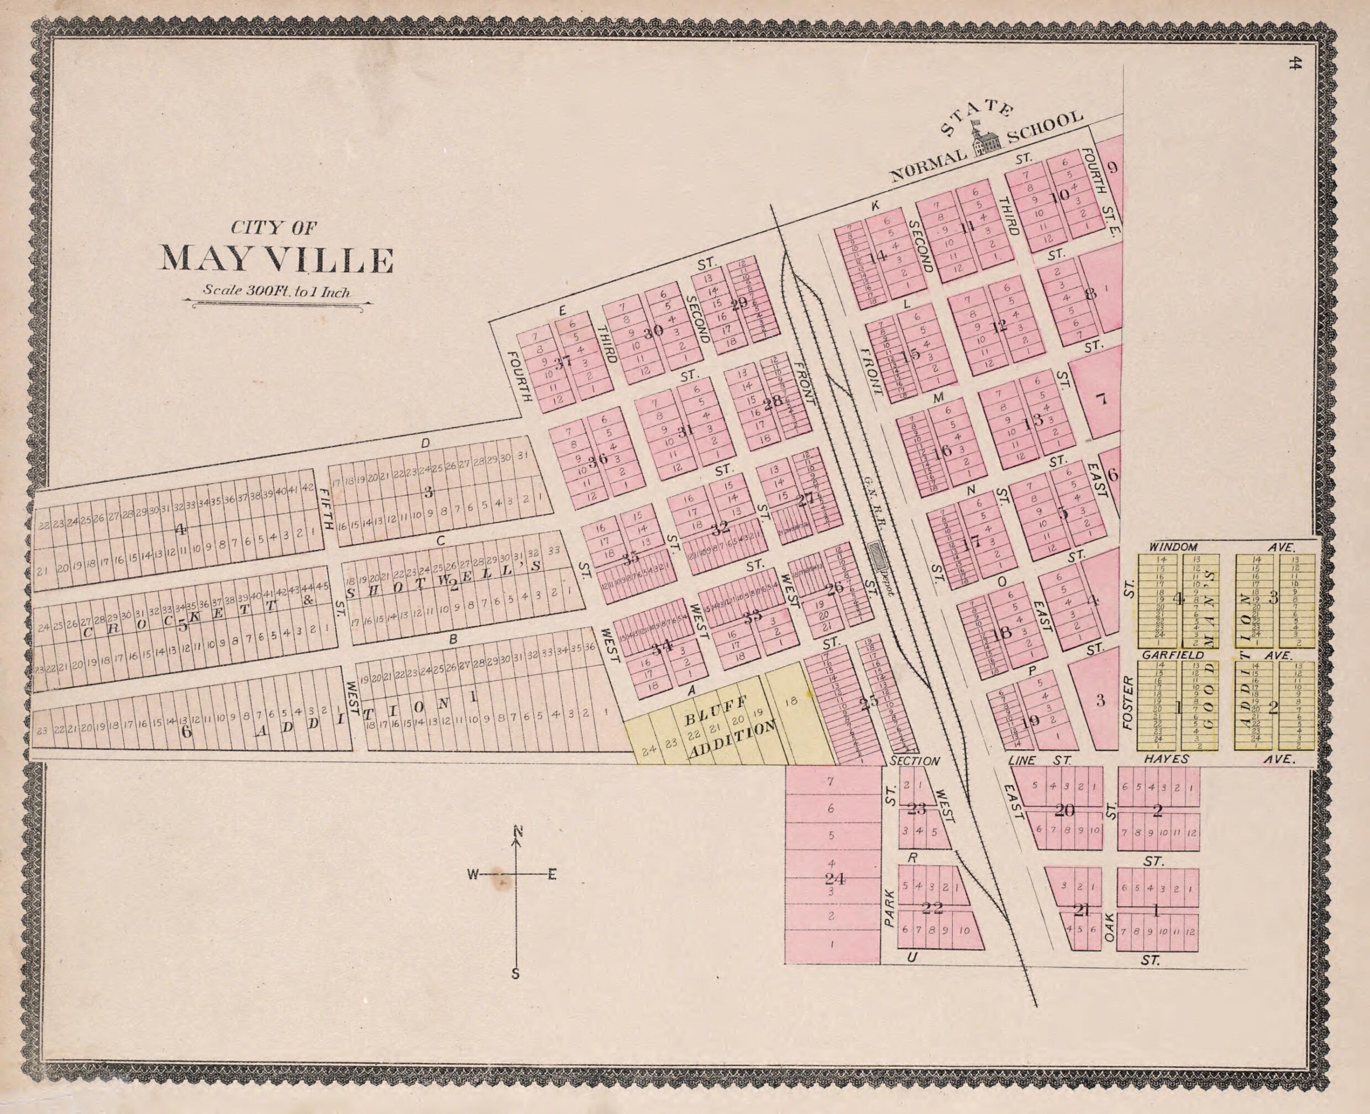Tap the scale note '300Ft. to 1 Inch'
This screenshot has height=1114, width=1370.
[x=276, y=291]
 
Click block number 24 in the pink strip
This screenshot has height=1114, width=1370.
[x=834, y=879]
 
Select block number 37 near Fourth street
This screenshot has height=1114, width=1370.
[x=563, y=362]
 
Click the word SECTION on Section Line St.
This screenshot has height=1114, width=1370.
[x=915, y=761]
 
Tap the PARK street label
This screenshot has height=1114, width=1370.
[x=889, y=908]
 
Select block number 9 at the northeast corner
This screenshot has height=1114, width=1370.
[x=1112, y=169]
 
